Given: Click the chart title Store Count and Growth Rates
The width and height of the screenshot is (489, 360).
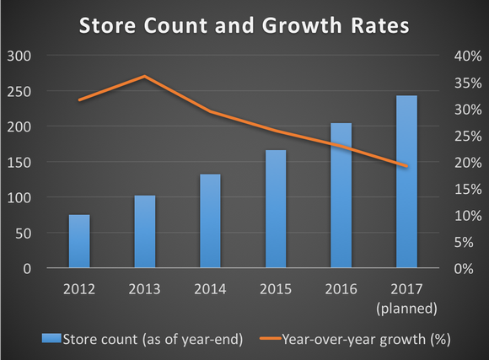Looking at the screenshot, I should point(244,25).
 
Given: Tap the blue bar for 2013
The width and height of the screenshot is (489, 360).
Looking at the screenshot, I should point(145,232).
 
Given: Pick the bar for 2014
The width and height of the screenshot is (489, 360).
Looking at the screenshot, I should point(210,221).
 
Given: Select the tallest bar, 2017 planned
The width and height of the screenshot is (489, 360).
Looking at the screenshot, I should point(406,182).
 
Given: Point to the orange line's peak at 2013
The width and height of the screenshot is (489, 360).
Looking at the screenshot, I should point(145,76).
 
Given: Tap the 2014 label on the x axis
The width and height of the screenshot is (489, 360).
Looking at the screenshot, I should point(210,289).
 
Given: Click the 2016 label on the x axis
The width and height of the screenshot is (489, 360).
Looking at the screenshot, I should point(341,289).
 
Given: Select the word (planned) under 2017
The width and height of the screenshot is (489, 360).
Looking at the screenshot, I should point(406,308).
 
